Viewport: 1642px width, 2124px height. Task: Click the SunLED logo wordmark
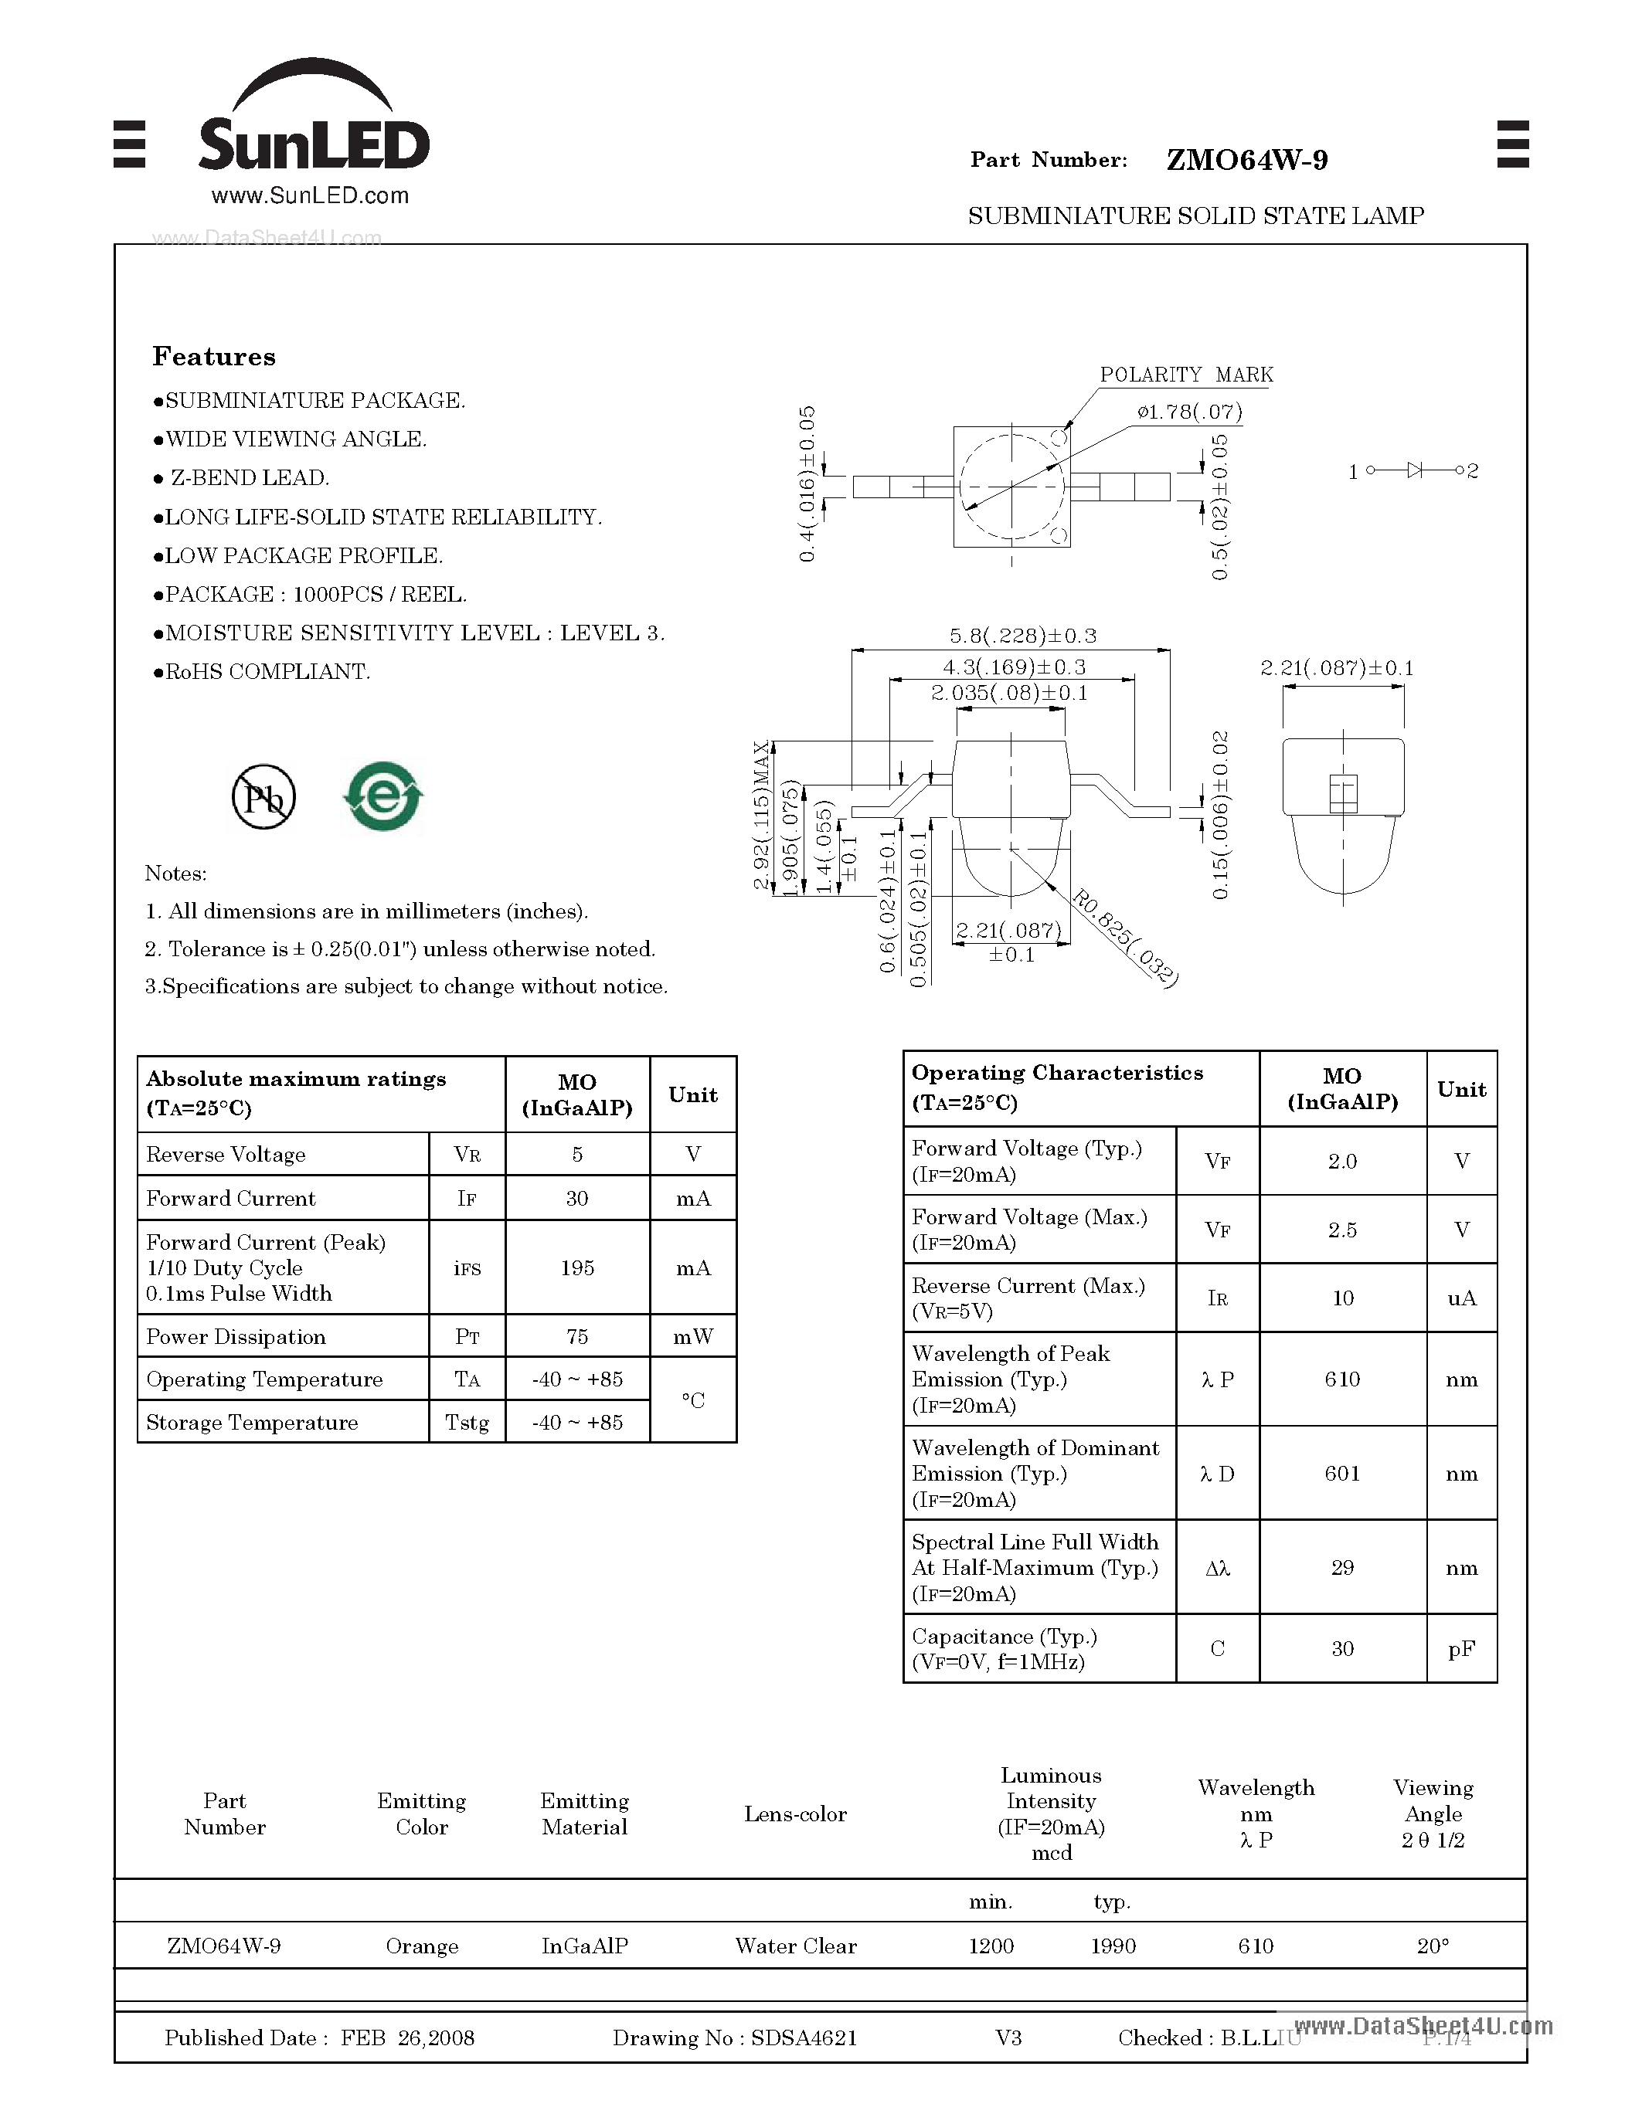click(313, 144)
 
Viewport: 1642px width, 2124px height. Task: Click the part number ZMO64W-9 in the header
click(1246, 161)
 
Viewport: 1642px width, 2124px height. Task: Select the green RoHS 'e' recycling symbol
click(383, 796)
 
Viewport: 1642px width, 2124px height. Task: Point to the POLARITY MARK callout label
click(1186, 375)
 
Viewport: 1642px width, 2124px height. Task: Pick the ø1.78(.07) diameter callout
click(1188, 412)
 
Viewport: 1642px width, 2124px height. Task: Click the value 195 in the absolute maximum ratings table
click(577, 1268)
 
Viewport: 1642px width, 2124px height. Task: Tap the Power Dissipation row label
click(236, 1337)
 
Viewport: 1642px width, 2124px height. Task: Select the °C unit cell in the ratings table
click(692, 1400)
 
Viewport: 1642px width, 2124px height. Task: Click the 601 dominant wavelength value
click(1341, 1474)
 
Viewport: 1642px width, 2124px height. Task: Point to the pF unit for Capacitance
click(1461, 1648)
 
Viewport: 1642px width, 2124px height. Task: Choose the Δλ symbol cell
click(1217, 1568)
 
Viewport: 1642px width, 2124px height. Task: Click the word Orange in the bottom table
click(421, 1946)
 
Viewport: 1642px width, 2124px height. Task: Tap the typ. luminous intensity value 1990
click(1112, 1946)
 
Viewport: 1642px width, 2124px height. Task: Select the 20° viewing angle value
click(1432, 1946)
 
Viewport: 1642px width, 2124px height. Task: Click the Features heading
click(214, 357)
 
